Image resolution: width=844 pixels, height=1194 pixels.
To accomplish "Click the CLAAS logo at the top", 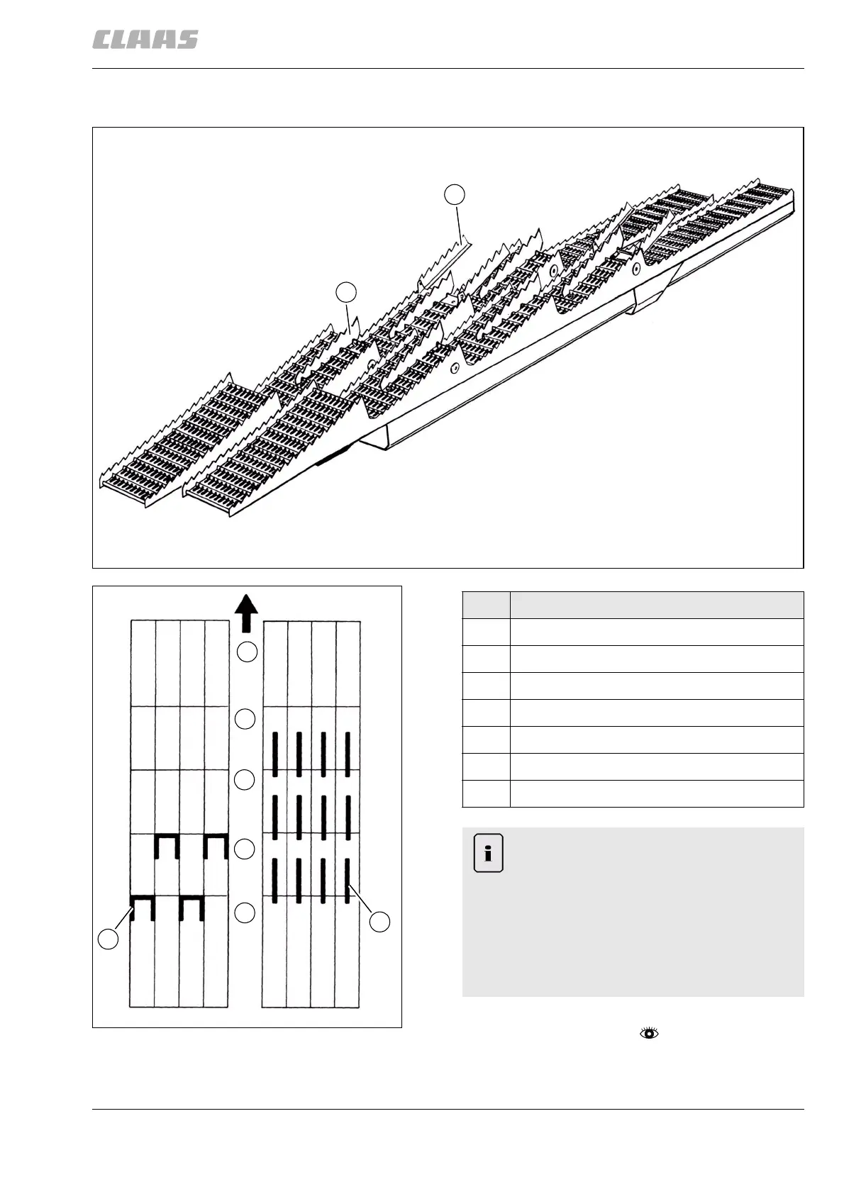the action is pos(145,40).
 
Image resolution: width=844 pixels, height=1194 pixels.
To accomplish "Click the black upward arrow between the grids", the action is pos(246,614).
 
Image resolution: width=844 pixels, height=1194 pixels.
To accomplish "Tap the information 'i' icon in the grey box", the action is pos(488,853).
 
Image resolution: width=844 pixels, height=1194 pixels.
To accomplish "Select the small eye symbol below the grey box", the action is pos(649,1033).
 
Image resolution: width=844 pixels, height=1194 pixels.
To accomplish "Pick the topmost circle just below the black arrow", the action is pos(246,652).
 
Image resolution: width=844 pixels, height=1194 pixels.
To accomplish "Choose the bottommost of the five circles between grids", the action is pos(245,913).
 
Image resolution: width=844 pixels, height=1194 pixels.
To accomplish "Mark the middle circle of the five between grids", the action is pos(245,780).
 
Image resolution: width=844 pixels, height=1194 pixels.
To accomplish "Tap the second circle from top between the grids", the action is pos(245,718).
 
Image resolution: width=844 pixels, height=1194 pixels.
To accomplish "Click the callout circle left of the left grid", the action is pos(108,940).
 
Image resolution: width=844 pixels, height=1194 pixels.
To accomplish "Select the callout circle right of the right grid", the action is pos(381,922).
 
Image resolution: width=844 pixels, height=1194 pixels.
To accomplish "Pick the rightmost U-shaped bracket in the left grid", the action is pos(215,845).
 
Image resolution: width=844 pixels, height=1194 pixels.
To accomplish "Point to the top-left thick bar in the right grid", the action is pos(274,754).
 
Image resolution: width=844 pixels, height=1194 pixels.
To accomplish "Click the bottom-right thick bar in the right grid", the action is pos(348,880).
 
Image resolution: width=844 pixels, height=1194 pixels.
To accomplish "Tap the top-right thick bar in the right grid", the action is pos(348,754).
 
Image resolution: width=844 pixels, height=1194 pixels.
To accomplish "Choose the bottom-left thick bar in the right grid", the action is pos(274,880).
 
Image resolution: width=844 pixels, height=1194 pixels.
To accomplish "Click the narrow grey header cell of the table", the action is pos(486,605).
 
